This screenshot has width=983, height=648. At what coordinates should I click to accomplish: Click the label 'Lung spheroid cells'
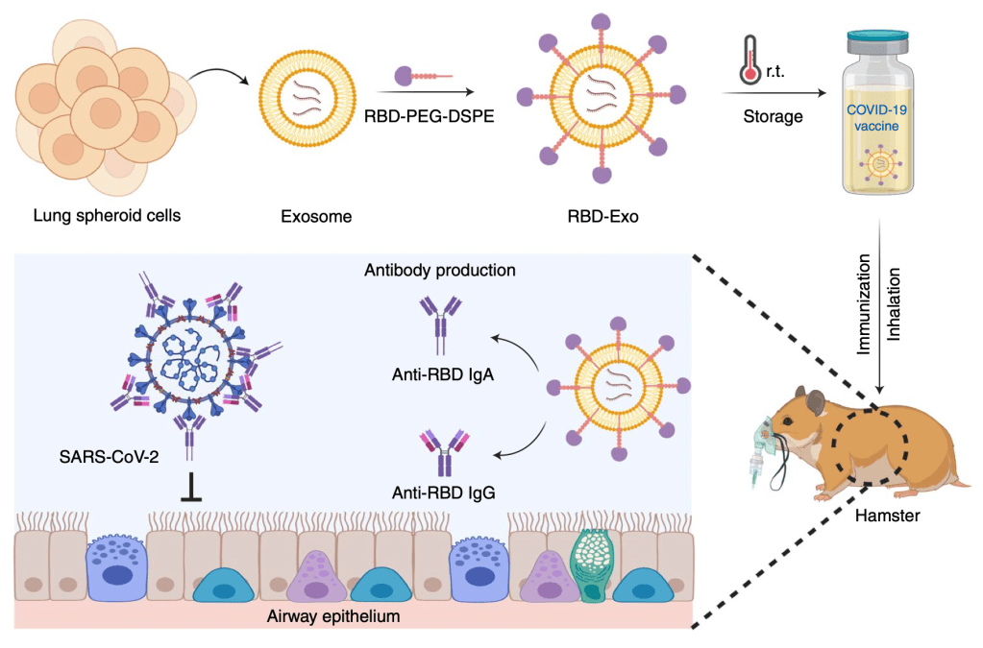pyautogui.click(x=107, y=215)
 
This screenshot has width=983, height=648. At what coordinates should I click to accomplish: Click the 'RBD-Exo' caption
pyautogui.click(x=602, y=217)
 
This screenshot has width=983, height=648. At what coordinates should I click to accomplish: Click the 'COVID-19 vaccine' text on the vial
pyautogui.click(x=875, y=119)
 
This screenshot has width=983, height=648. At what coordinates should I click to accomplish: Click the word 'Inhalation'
pyautogui.click(x=895, y=304)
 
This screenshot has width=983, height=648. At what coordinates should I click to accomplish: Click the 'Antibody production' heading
pyautogui.click(x=439, y=271)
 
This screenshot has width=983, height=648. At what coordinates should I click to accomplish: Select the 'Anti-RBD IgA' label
pyautogui.click(x=443, y=374)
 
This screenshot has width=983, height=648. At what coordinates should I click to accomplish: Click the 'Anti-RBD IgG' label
pyautogui.click(x=443, y=493)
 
